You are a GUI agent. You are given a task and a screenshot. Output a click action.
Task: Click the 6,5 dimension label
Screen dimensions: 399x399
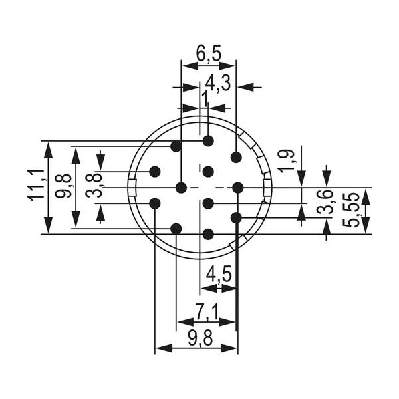[208, 53]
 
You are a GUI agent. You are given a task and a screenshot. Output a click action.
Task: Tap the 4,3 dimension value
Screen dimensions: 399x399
[218, 84]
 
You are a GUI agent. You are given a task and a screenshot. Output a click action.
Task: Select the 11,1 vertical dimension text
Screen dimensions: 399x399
[37, 185]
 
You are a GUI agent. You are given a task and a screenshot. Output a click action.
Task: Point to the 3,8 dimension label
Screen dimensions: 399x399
[93, 186]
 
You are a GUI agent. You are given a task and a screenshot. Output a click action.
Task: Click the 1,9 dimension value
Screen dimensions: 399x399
[288, 161]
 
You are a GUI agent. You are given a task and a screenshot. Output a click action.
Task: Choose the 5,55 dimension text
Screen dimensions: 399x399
[350, 210]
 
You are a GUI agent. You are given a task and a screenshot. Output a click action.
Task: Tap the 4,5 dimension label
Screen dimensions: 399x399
[219, 274]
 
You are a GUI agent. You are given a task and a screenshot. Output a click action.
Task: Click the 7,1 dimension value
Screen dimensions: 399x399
[207, 311]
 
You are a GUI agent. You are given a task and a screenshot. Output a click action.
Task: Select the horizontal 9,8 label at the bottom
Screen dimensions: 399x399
[200, 338]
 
